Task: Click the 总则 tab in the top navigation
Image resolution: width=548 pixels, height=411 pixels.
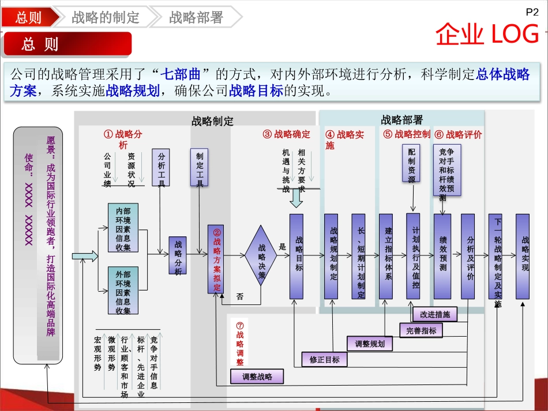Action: click(x=29, y=17)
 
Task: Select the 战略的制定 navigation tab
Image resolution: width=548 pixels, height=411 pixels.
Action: click(x=106, y=17)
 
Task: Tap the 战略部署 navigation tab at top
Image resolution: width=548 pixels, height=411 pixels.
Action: click(x=196, y=17)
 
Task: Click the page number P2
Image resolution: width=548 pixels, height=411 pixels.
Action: click(x=531, y=11)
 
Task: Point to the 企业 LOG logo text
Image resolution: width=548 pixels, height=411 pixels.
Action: click(x=487, y=35)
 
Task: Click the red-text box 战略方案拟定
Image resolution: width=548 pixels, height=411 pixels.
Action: click(x=216, y=259)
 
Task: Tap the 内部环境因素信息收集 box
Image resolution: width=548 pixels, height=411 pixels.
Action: click(x=123, y=227)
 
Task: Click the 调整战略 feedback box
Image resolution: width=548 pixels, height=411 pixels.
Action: click(x=257, y=377)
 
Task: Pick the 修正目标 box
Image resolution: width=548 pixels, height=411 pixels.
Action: click(x=325, y=360)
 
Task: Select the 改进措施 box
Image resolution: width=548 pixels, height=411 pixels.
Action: click(x=435, y=315)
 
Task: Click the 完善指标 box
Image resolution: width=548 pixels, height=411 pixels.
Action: click(x=421, y=330)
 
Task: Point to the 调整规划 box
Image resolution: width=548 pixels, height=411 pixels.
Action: click(x=370, y=344)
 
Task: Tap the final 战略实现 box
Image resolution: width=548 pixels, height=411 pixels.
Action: click(x=523, y=257)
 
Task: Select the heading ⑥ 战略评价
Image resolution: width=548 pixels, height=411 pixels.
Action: click(x=459, y=134)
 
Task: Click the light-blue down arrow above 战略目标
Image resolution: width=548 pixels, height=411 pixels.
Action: click(x=296, y=198)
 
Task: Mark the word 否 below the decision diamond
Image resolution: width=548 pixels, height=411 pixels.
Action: click(x=240, y=297)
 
